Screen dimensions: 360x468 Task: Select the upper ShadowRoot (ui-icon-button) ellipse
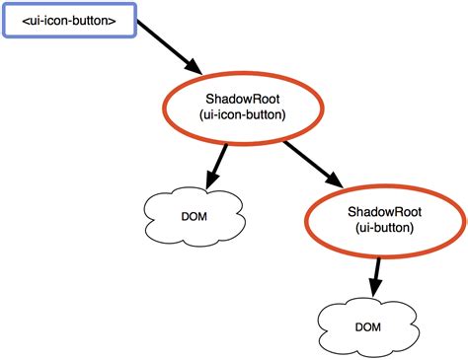click(x=245, y=107)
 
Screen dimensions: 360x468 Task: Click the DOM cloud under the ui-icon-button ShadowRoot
click(x=194, y=213)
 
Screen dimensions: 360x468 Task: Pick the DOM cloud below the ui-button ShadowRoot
click(x=366, y=324)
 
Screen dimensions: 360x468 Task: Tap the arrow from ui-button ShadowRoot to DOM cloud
click(x=375, y=275)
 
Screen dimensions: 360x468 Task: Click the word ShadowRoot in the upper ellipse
click(x=245, y=99)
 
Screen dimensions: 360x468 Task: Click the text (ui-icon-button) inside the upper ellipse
click(x=245, y=115)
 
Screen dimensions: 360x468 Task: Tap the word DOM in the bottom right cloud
click(x=367, y=325)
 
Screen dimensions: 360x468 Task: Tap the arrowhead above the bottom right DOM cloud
click(x=374, y=289)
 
